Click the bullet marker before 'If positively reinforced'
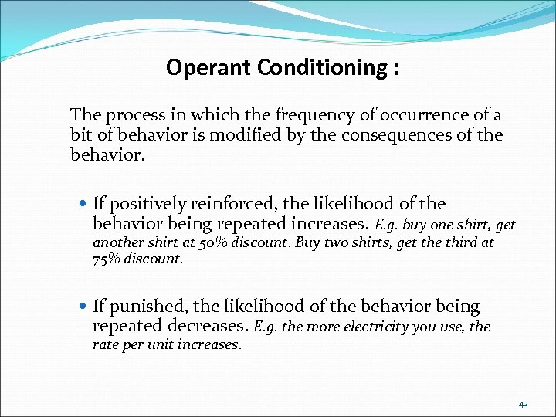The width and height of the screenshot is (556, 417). coord(83,205)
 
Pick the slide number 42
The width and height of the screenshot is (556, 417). coord(524,402)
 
